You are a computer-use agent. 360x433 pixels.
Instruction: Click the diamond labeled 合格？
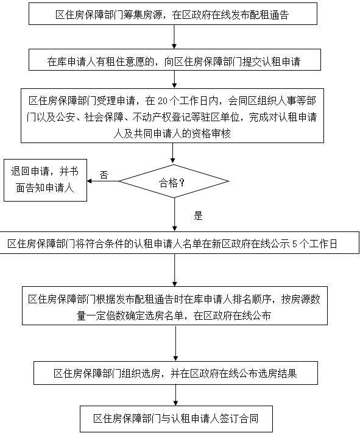tap(174, 181)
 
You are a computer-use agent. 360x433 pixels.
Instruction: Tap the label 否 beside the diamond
tap(104, 175)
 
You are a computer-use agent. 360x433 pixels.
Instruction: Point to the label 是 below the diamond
tap(198, 216)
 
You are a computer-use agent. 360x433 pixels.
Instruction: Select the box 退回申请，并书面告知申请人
tap(45, 180)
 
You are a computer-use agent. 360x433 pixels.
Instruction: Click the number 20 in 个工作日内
tap(163, 101)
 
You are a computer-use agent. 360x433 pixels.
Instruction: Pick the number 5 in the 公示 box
tap(295, 244)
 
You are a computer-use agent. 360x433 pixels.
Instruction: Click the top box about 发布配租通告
tap(173, 14)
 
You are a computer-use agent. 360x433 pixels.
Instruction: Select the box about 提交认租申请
tap(175, 60)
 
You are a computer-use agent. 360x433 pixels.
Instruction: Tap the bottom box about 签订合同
tap(176, 418)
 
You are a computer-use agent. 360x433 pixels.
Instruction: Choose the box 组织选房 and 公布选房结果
tap(175, 373)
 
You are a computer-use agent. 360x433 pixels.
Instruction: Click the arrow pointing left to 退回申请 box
tap(103, 181)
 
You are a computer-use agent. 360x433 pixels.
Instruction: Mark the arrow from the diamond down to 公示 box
tap(174, 214)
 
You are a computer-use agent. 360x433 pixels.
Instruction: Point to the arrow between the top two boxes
tap(174, 37)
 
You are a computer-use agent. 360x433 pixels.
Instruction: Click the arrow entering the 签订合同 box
tap(175, 395)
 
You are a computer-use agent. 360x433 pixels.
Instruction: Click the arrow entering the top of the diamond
tap(173, 153)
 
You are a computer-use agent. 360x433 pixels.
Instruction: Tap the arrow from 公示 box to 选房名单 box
tap(175, 270)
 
